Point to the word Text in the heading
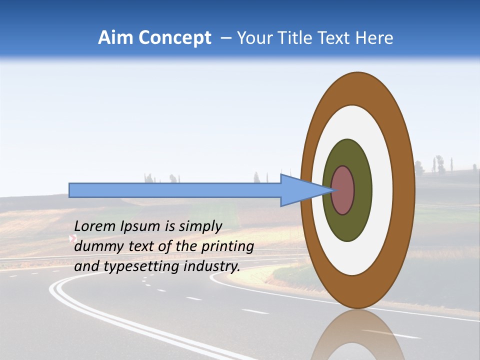tap(336, 38)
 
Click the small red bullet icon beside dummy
tap(72, 239)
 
